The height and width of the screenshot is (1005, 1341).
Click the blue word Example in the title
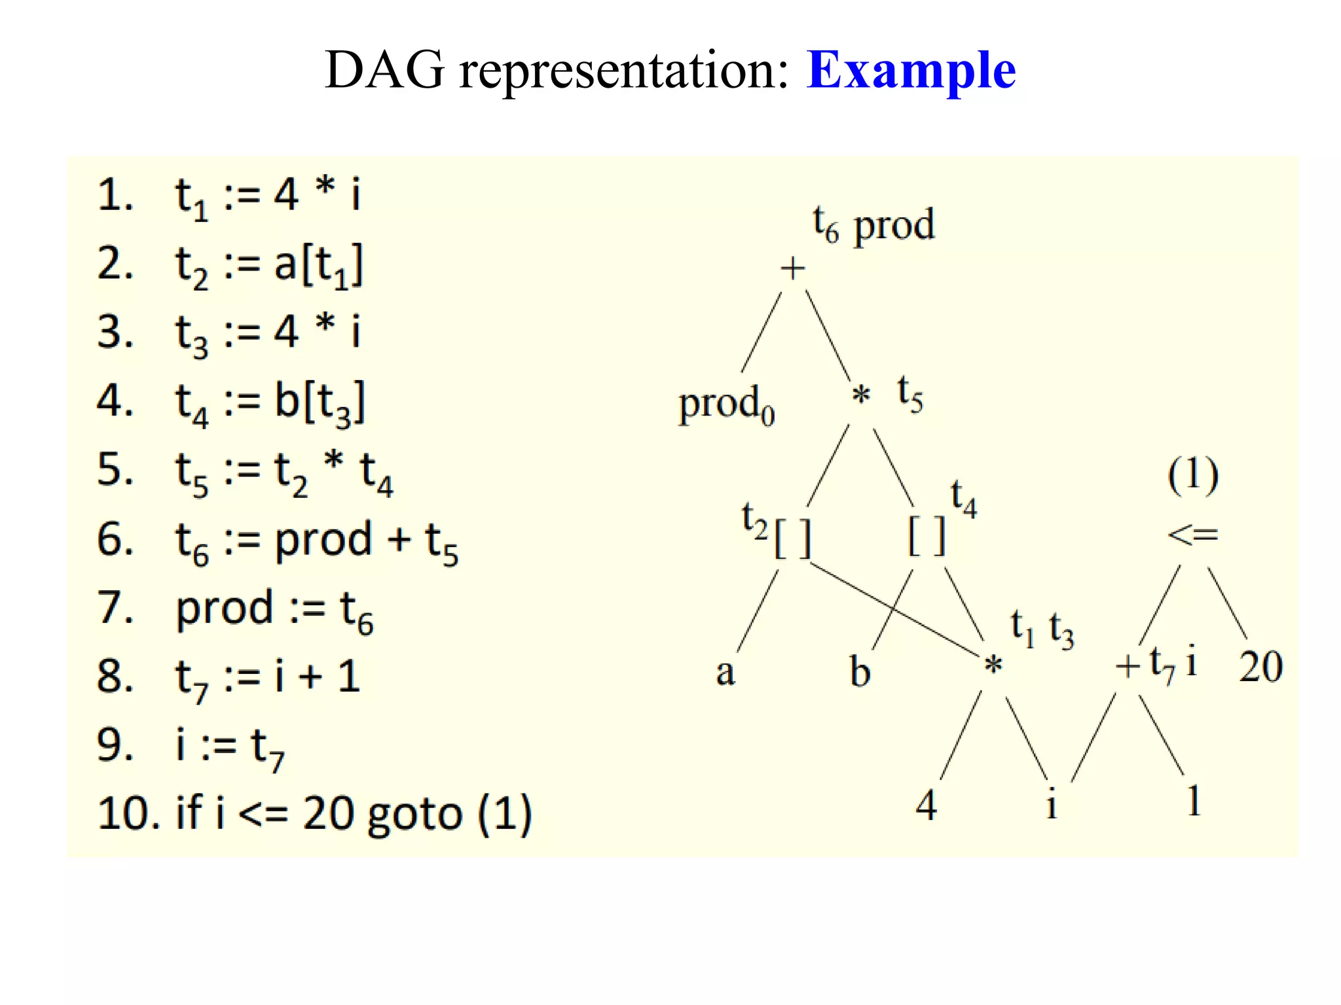(x=911, y=71)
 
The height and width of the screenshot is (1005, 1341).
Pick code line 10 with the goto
(x=314, y=814)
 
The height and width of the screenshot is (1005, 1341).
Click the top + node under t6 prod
(x=792, y=268)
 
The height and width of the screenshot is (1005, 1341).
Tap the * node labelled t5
(x=861, y=395)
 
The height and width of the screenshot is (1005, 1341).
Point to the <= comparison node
(x=1192, y=535)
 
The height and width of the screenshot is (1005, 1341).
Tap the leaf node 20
(x=1260, y=667)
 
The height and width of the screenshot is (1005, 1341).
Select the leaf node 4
(x=926, y=805)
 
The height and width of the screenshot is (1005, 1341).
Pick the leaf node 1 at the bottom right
(x=1194, y=801)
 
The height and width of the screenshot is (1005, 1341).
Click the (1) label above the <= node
(x=1193, y=475)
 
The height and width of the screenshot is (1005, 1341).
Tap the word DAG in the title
(x=384, y=71)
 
